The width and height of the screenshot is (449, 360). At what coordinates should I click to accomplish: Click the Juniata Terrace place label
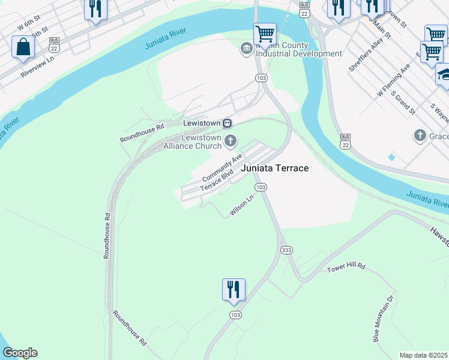point(275,168)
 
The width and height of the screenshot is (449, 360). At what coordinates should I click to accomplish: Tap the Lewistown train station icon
point(228,123)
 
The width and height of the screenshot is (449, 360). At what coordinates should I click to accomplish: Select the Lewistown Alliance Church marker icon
point(231,142)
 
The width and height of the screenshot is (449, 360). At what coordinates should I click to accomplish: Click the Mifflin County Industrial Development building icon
point(246,49)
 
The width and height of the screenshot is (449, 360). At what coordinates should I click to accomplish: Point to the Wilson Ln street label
point(243,208)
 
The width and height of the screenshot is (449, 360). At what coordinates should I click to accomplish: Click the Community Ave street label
point(221,168)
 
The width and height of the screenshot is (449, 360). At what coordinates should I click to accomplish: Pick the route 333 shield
point(286,249)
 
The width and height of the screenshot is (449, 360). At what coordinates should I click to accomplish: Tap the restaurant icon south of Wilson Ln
point(233,290)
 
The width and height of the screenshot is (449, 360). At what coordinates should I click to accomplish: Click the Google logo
point(20,353)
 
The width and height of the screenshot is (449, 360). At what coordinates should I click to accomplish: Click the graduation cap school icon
point(444,76)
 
